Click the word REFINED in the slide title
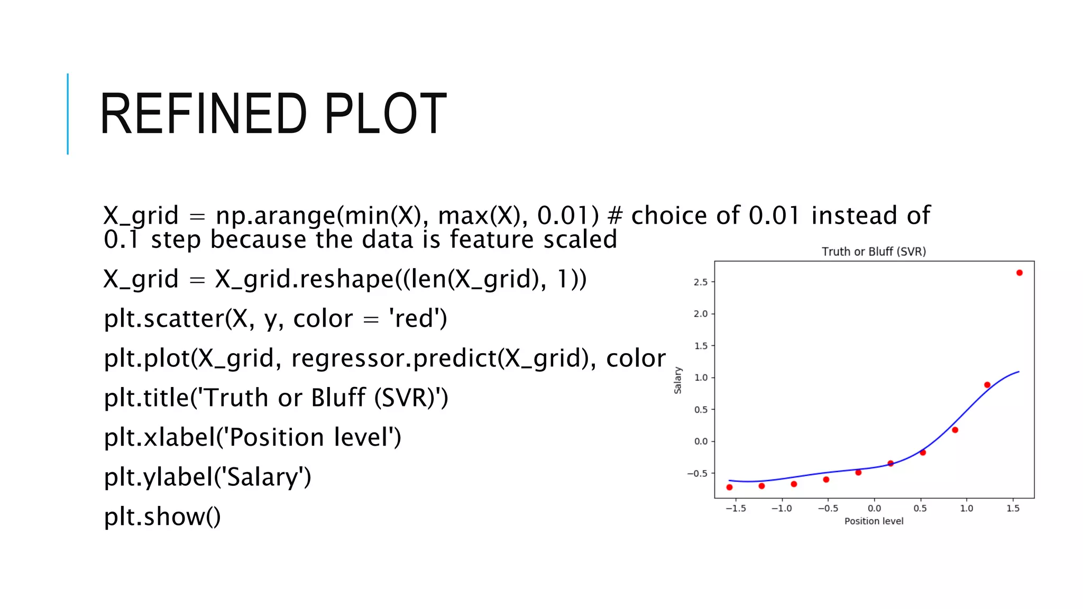[203, 114]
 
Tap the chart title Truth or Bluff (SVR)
[874, 252]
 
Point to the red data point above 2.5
[1019, 273]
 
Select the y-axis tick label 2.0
[700, 314]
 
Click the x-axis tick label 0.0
[874, 509]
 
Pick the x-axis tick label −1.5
[735, 509]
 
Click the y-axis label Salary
[677, 380]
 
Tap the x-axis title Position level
[874, 521]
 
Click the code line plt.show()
[162, 516]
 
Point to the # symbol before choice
[615, 216]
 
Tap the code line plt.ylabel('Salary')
[207, 477]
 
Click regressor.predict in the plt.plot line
[393, 358]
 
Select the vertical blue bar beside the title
[68, 114]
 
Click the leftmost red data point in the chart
[729, 487]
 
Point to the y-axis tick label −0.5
[697, 474]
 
